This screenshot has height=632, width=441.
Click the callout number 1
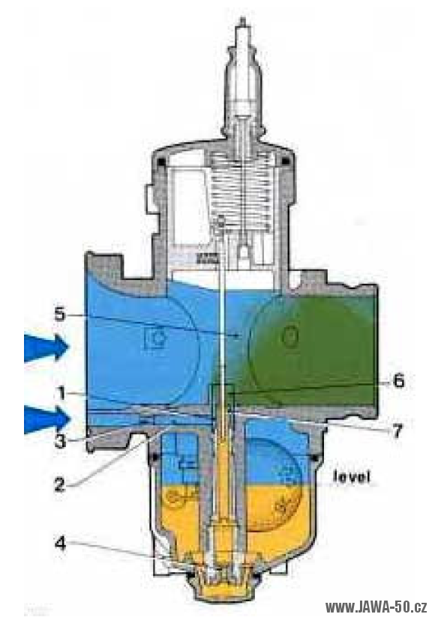click(x=61, y=393)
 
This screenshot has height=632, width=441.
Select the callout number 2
click(x=59, y=484)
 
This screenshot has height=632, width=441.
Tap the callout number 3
click(x=60, y=440)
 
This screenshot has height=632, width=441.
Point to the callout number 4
click(x=60, y=544)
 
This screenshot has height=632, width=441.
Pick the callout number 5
click(x=60, y=315)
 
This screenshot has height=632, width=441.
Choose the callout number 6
click(x=398, y=380)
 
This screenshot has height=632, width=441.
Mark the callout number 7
click(x=397, y=431)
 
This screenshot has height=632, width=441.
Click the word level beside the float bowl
click(x=351, y=477)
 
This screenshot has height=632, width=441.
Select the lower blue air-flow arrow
click(x=47, y=419)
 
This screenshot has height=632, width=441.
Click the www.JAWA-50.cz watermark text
click(x=376, y=607)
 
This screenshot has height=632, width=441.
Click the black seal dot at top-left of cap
click(x=161, y=161)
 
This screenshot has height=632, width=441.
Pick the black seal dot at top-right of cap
click(x=286, y=161)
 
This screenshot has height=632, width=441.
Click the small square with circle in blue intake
click(x=156, y=336)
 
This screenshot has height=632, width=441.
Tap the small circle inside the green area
click(x=290, y=335)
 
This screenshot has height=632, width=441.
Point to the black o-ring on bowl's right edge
click(x=314, y=458)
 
